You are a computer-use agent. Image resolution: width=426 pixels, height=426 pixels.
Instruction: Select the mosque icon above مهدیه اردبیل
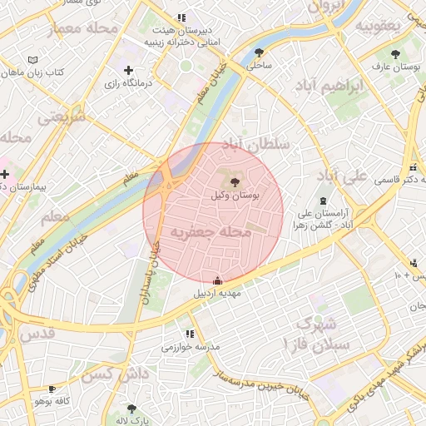click(218, 280)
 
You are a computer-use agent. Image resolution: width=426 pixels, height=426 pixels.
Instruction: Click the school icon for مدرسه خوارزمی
click(177, 334)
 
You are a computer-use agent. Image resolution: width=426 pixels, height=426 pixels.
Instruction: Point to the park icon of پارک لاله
click(131, 408)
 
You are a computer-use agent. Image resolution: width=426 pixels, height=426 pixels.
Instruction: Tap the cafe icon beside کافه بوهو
click(52, 389)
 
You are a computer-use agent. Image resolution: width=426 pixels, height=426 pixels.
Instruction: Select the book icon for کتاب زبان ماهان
click(32, 61)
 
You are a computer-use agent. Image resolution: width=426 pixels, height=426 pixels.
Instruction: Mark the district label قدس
click(33, 333)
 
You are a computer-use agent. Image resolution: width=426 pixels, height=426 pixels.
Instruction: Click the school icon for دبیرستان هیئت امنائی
click(181, 17)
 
